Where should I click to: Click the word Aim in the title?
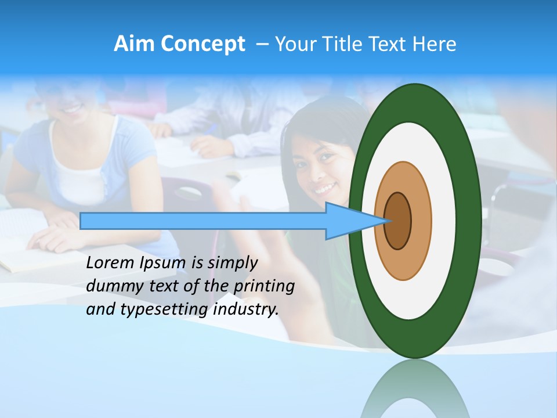point(133,44)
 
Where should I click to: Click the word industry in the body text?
point(246,309)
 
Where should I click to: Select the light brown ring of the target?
point(421,221)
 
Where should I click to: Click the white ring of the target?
point(444,221)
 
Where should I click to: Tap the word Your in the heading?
point(295,44)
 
